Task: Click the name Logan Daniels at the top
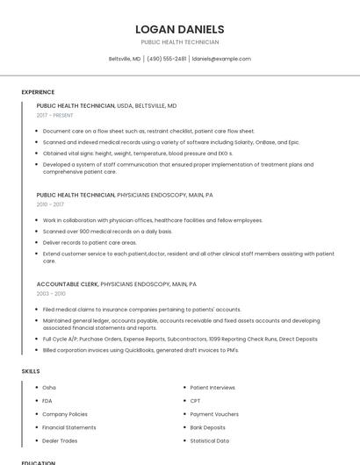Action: coord(179,29)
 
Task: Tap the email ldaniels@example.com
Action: coord(221,59)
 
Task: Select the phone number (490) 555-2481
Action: coord(167,59)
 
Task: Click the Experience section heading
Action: coord(38,92)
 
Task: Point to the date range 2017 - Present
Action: coord(55,115)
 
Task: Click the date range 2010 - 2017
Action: coord(50,204)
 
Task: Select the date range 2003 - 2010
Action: coord(50,294)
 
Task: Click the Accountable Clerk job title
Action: coord(67,284)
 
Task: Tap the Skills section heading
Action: coord(31,371)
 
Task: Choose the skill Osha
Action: coord(49,387)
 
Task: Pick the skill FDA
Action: coord(47,401)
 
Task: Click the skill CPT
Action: coord(196,401)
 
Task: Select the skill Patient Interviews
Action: coord(212,387)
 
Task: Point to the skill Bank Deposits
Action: coord(208,427)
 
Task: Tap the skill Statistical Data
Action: coord(210,440)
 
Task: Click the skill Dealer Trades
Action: coord(60,440)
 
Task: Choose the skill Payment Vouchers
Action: coord(214,414)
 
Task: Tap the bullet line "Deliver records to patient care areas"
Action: coord(90,242)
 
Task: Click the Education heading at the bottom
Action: coord(39,461)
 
